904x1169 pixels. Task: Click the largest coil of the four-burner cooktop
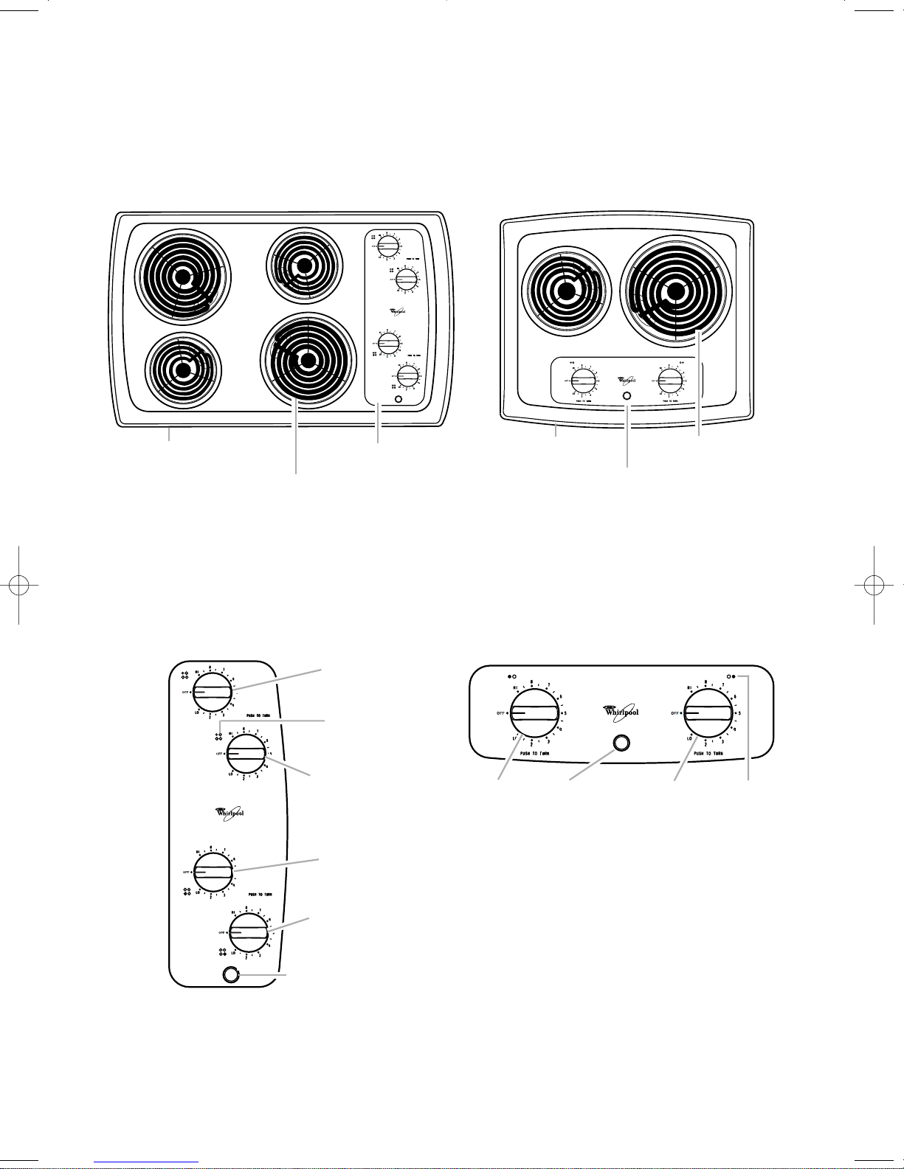(x=309, y=360)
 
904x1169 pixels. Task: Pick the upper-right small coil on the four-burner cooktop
(x=303, y=265)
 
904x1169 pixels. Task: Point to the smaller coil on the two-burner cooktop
(x=565, y=292)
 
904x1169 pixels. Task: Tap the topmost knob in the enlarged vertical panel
(x=213, y=691)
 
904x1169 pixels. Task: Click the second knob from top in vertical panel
(x=246, y=753)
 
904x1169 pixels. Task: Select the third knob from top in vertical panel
(x=213, y=870)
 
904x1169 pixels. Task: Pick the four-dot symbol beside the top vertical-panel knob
(x=185, y=674)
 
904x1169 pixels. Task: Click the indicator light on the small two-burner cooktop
(x=627, y=396)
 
